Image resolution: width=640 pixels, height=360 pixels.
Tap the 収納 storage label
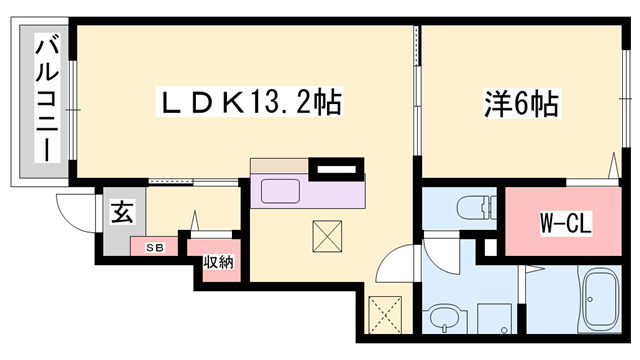218,263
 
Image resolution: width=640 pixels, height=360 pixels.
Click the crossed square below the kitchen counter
328,236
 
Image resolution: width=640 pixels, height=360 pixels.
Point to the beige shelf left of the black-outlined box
279,164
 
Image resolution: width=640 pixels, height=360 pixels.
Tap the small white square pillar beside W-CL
490,247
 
